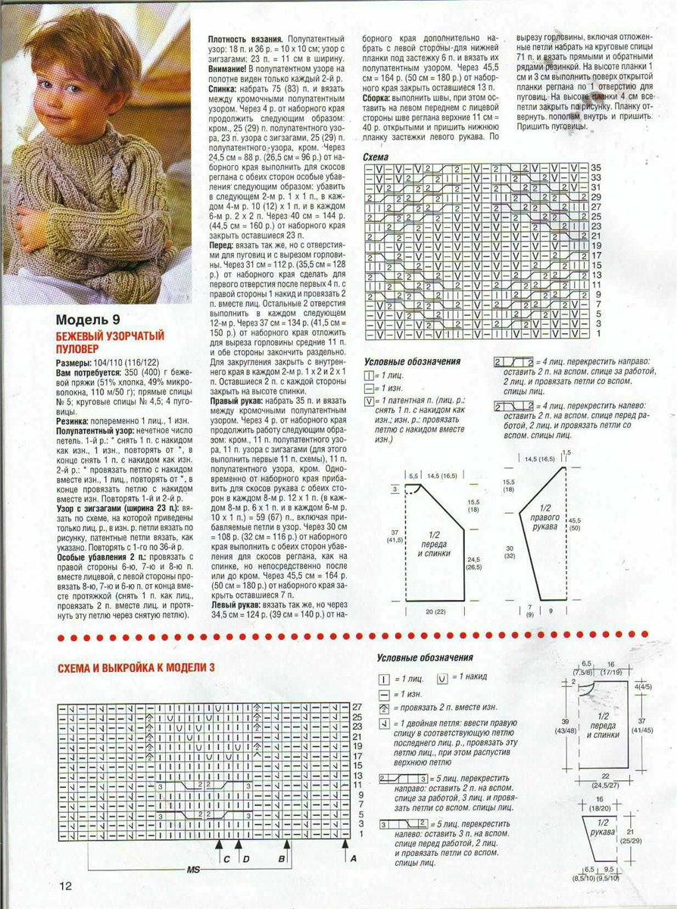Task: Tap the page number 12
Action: pyautogui.click(x=65, y=886)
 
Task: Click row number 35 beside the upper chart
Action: pyautogui.click(x=595, y=167)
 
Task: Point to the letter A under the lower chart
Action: pyautogui.click(x=354, y=858)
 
